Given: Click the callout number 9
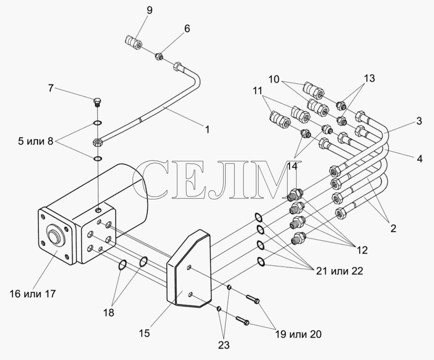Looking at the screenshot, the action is click(149, 11).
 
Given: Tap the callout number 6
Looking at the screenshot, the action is click(187, 28).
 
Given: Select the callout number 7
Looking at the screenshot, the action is click(51, 89).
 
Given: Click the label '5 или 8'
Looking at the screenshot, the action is click(36, 141).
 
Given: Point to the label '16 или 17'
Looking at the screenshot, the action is click(33, 294).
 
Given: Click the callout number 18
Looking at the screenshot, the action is click(109, 313).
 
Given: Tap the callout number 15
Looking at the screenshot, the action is click(144, 334).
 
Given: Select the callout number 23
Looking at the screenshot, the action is click(224, 345).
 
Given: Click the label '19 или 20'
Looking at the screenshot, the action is click(298, 335).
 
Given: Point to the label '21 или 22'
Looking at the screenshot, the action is click(339, 271).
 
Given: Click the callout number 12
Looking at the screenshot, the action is click(362, 250).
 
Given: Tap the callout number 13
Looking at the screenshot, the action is click(369, 79).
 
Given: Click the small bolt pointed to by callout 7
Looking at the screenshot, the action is click(98, 103).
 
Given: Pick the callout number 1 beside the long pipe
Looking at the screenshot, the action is click(207, 129).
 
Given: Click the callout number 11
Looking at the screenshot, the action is click(257, 90).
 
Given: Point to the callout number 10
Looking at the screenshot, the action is click(274, 80).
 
